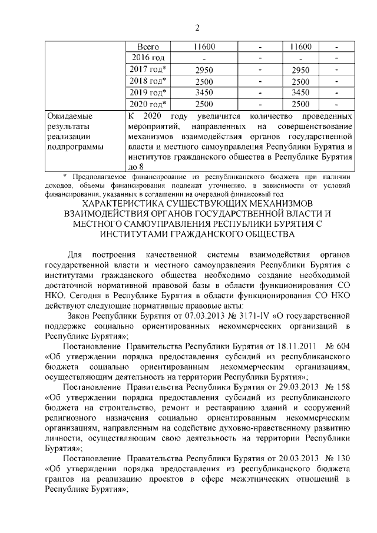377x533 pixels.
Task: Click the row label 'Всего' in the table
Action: click(x=148, y=47)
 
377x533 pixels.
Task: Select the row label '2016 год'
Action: click(x=148, y=58)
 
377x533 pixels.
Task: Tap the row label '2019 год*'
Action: click(x=148, y=92)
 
